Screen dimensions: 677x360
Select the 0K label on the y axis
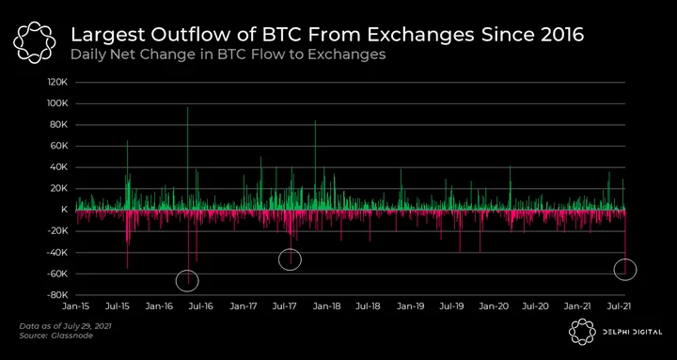coord(63,210)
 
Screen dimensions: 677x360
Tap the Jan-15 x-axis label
coord(77,306)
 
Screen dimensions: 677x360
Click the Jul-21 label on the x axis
coord(619,306)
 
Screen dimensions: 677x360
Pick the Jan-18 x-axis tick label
coord(328,306)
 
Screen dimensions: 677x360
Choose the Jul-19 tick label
coord(451,306)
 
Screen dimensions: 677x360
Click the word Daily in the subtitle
coord(85,55)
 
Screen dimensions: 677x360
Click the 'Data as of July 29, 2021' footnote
coord(65,326)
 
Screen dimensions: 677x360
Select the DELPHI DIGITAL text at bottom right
coord(633,332)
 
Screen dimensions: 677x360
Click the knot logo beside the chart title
coord(34,42)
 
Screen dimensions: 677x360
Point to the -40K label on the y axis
coord(59,253)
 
